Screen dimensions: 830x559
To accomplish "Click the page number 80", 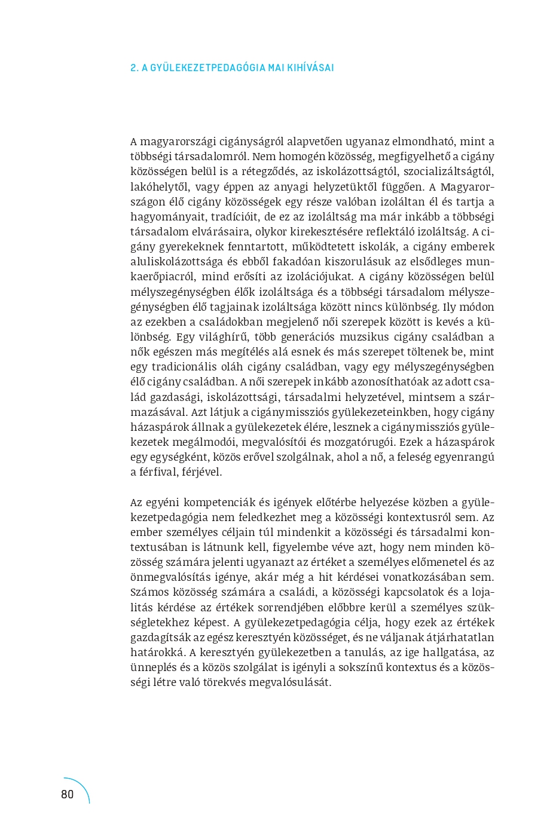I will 68,794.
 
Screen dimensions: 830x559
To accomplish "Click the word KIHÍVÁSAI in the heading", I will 310,68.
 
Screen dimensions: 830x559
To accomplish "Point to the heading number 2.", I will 134,68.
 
